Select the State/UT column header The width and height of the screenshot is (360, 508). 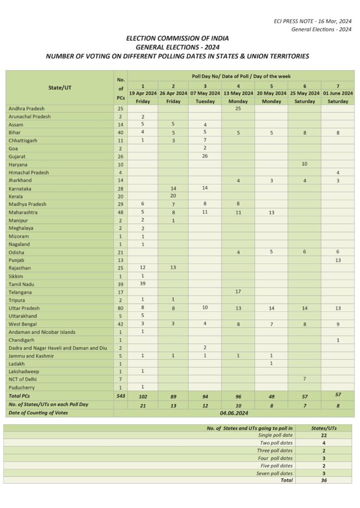(59, 87)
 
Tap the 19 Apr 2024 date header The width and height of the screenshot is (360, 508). (143, 93)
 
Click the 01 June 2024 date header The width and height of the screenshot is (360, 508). (338, 93)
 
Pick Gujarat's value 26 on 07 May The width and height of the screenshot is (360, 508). (205, 156)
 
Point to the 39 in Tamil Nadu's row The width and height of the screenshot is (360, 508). (143, 284)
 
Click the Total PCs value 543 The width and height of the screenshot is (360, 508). (120, 396)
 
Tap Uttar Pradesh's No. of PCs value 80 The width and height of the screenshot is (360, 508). (120, 308)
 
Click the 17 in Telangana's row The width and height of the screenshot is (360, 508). (238, 292)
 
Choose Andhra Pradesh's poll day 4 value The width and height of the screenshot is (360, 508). (238, 108)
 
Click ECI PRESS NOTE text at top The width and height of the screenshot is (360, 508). (312, 21)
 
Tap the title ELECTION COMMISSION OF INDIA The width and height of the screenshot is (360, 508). (177, 38)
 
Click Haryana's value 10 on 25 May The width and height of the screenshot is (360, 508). (304, 164)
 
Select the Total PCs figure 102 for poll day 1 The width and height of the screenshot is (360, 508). (143, 396)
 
